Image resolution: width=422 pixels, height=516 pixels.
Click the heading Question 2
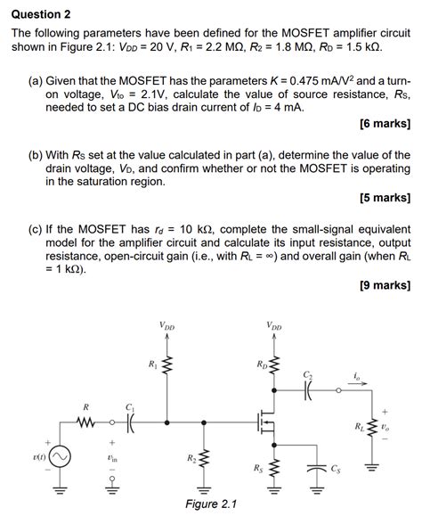pos(41,14)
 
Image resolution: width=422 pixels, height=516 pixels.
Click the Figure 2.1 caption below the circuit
pos(210,504)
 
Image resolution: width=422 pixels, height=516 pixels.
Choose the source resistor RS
pos(274,467)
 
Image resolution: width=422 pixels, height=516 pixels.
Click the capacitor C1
pos(130,422)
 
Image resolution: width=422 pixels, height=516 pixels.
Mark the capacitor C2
pos(308,389)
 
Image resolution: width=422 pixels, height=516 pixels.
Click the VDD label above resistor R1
pos(167,325)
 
